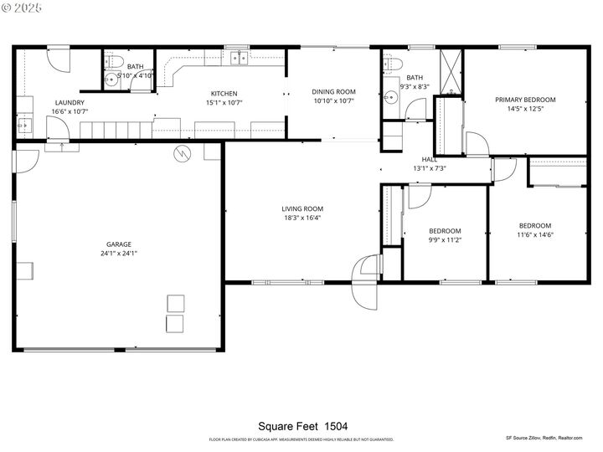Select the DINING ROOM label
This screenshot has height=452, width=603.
pos(333,91)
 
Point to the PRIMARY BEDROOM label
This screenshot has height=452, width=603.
pos(525,100)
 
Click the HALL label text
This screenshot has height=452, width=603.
pos(429,159)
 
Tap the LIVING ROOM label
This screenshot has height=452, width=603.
pos(301,208)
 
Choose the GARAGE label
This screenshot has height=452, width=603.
pos(119,244)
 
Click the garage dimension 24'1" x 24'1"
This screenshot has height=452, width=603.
pos(119,253)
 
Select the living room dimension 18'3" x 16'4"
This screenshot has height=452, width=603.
pos(301,218)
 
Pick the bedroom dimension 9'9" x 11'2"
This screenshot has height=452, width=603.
pos(445,240)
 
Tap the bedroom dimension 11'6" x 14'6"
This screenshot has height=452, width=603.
pos(534,234)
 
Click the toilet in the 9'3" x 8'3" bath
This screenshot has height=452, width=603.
pos(392,64)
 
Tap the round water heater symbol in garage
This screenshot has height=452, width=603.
pos(182,153)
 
